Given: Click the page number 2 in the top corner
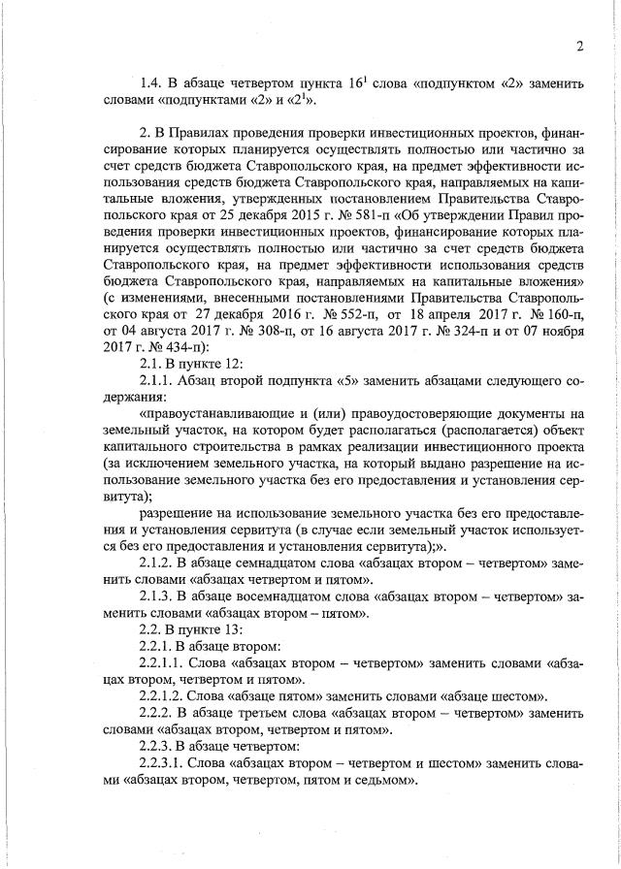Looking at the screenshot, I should point(578,47).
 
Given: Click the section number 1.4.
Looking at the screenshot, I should point(152,83).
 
